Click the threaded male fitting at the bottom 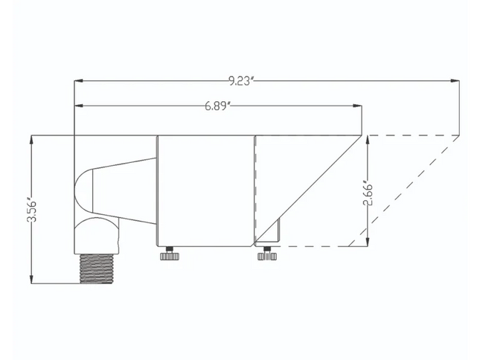pos(97,269)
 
